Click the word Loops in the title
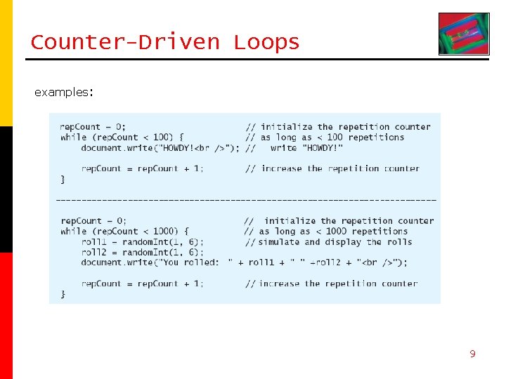(x=267, y=42)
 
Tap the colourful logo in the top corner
(x=463, y=34)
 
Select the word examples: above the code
(x=64, y=92)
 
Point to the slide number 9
(x=472, y=354)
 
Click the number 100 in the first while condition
(x=160, y=138)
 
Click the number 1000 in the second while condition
(x=163, y=231)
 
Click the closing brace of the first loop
(x=63, y=180)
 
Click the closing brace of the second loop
(x=63, y=294)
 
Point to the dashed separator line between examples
(x=246, y=200)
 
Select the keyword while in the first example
(x=74, y=138)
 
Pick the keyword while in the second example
(x=74, y=231)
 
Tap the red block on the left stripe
(x=6, y=316)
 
